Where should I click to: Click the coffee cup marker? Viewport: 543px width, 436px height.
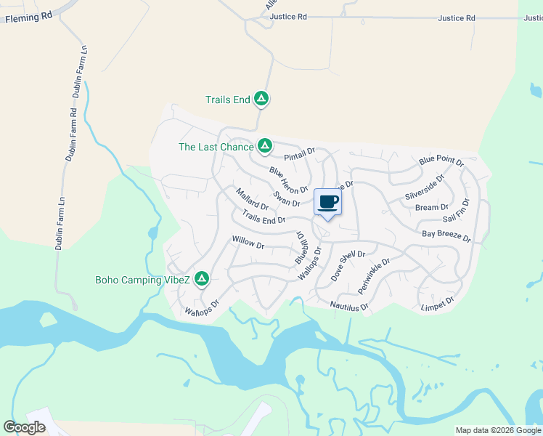328,201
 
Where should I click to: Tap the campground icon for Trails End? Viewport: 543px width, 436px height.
262,99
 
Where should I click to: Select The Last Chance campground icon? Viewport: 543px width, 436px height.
265,147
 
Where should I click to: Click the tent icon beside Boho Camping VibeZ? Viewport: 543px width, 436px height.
202,279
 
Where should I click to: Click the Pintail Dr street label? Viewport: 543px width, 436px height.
300,154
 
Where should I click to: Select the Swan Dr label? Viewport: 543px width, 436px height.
287,198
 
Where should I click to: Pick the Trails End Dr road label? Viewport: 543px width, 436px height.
264,217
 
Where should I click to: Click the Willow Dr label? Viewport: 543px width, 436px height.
248,242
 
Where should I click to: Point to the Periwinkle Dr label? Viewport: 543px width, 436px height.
375,275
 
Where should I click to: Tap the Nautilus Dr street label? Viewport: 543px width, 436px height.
349,307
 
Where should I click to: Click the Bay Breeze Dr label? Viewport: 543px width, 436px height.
446,235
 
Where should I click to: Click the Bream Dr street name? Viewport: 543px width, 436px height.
432,208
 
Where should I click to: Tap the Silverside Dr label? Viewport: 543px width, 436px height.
425,188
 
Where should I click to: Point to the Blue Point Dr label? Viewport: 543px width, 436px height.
441,161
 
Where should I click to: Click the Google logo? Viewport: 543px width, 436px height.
25,427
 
